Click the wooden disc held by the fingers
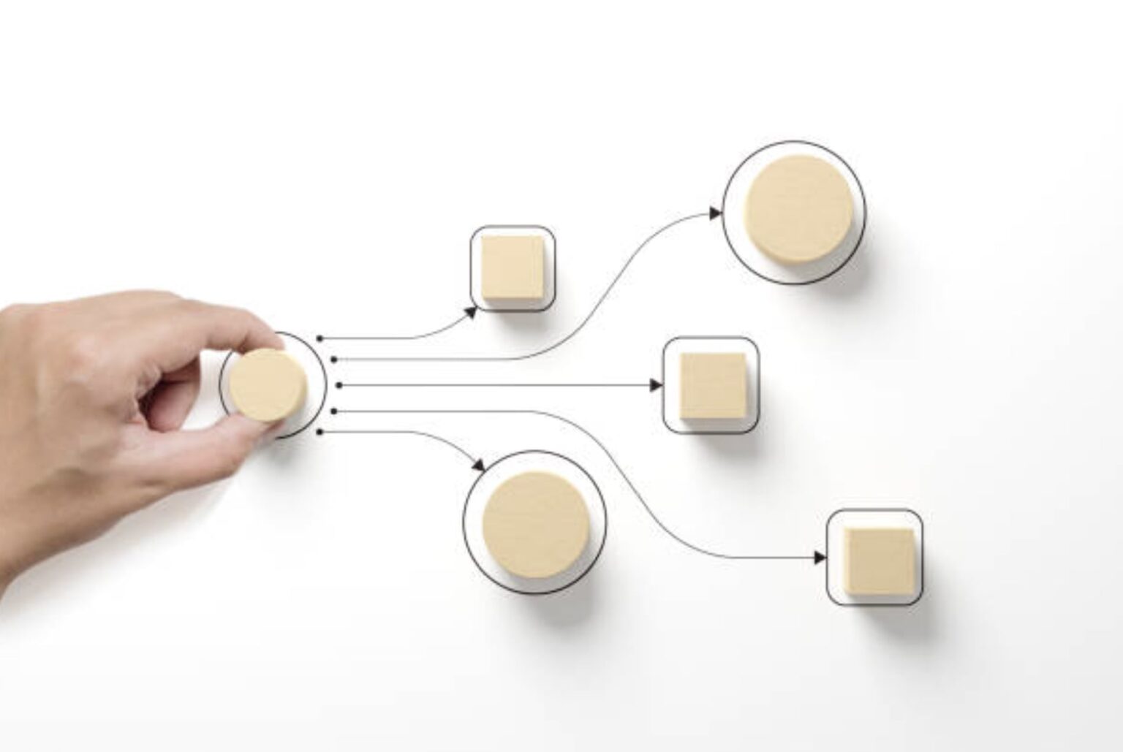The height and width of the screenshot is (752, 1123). coord(268,385)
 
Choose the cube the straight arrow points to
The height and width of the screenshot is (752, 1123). coord(712,387)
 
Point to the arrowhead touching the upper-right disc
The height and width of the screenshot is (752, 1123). coord(715,213)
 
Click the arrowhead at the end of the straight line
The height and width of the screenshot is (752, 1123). coord(656,385)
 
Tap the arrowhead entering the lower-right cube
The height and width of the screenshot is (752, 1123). coord(820,558)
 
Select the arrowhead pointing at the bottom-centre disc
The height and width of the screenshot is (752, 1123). coord(478,465)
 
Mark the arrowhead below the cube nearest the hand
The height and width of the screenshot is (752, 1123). coord(472,312)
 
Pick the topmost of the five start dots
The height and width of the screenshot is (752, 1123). coord(319,338)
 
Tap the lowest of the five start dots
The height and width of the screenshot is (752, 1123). coord(320,433)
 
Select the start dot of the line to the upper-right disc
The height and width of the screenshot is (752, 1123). coord(333,359)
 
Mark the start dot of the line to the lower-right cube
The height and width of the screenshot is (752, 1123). coord(333,411)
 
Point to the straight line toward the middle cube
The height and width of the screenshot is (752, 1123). coord(497,384)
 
